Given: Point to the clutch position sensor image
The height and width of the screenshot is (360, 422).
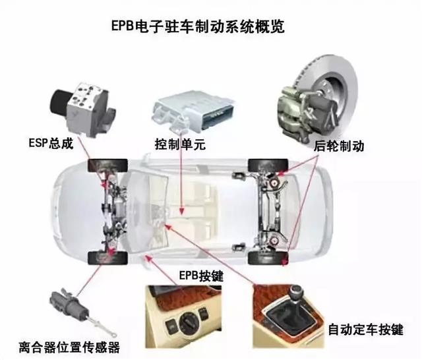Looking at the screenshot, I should pos(66,306).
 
